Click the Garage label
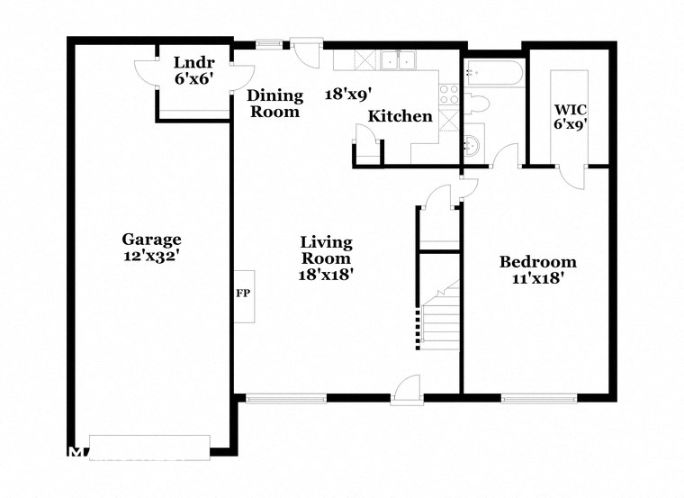[x=151, y=240]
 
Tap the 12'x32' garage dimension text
[x=151, y=256]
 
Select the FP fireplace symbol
[x=243, y=294]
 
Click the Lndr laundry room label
[x=193, y=62]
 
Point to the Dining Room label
[x=274, y=104]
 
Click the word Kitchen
[x=400, y=117]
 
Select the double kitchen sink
[x=397, y=60]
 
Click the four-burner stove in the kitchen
[x=447, y=95]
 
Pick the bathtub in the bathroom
[x=491, y=68]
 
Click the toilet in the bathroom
[x=477, y=103]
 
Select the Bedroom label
[x=537, y=262]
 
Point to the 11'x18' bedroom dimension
[x=537, y=278]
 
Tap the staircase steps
[x=441, y=320]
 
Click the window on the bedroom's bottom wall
[x=539, y=397]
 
